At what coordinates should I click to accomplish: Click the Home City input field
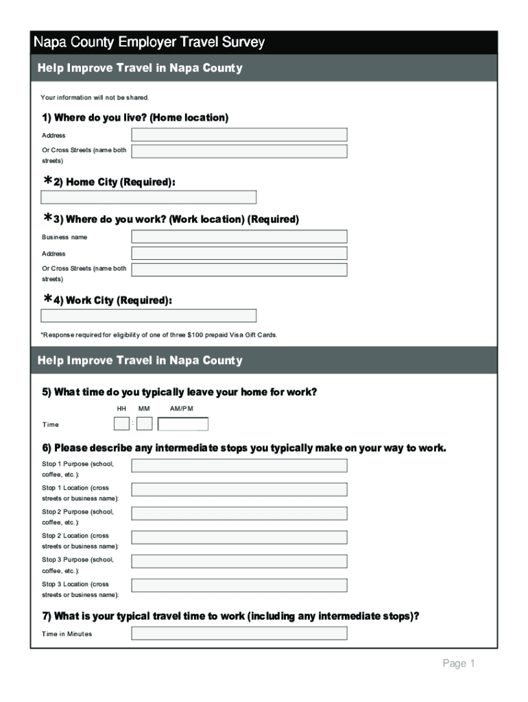coord(149,197)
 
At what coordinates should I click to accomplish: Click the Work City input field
coord(149,316)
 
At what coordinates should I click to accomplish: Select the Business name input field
coord(239,237)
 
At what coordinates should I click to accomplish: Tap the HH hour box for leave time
coord(121,424)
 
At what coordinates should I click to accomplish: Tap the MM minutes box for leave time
coord(145,424)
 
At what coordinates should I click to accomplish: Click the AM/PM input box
coord(183,424)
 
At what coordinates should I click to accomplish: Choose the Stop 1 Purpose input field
coord(239,466)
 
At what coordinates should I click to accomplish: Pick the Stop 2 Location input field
coord(239,537)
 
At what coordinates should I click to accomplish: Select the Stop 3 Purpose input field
coord(239,561)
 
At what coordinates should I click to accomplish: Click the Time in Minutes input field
coord(239,633)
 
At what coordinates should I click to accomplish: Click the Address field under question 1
coord(239,134)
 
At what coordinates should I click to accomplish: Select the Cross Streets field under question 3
coord(239,269)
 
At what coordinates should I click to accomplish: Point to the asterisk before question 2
coord(48,180)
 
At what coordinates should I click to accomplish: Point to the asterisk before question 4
coord(48,299)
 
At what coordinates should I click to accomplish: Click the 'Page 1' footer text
coord(459,664)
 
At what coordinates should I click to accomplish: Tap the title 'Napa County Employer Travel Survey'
coord(149,43)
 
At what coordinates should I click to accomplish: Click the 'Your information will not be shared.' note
coord(95,97)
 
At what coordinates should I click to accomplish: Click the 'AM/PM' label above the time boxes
coord(182,409)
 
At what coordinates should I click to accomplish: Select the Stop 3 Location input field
coord(239,585)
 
